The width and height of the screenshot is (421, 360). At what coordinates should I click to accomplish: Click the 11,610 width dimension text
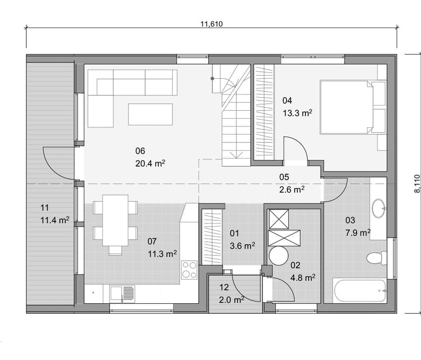212,24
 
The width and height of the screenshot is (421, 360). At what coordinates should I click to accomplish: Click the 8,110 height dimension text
417,184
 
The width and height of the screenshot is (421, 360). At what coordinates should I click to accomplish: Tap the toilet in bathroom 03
377,257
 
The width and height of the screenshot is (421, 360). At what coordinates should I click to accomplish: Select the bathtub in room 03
360,291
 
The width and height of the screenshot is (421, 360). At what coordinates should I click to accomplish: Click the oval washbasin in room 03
378,208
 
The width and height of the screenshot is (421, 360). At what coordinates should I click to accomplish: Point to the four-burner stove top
189,270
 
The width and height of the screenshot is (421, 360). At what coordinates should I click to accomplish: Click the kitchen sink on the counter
122,294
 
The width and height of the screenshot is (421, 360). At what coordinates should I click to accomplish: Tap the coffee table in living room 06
151,114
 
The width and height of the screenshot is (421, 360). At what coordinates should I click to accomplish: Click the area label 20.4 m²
150,164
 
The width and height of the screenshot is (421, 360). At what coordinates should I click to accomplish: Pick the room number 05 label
284,177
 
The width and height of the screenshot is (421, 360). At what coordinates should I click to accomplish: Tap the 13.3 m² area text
297,113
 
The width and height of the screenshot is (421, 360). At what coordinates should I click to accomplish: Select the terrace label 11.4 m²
55,220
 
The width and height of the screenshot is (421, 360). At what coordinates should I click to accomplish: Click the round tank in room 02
279,256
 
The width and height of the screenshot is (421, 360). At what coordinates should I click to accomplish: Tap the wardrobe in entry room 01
212,237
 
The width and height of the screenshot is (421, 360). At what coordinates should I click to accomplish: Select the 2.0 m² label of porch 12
232,300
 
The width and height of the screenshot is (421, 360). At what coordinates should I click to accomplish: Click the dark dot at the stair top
212,78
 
